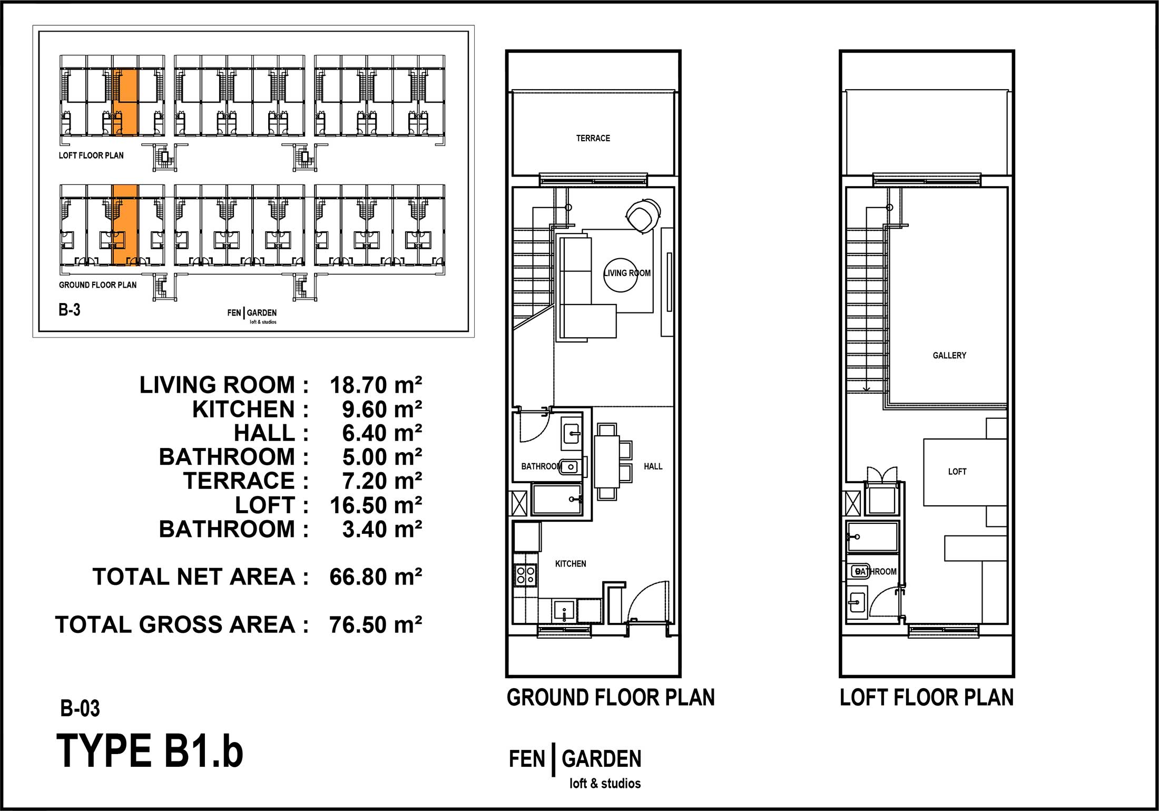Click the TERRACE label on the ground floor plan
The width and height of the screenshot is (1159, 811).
pyautogui.click(x=593, y=138)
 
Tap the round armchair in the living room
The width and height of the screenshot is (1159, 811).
pyautogui.click(x=643, y=216)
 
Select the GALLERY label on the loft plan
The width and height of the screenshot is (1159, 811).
pyautogui.click(x=949, y=355)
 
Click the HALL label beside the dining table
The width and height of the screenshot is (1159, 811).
pyautogui.click(x=653, y=466)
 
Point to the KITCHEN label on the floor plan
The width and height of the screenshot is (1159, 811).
pyautogui.click(x=571, y=564)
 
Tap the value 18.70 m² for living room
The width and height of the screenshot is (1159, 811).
pyautogui.click(x=376, y=385)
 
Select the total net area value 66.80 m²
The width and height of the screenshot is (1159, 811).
pyautogui.click(x=376, y=577)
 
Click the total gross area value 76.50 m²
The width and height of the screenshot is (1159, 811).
pyautogui.click(x=376, y=625)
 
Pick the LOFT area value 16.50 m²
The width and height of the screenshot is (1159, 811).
pyautogui.click(x=376, y=505)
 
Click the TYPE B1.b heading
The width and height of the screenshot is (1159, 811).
pyautogui.click(x=150, y=751)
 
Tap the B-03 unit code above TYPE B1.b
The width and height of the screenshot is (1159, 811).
pyautogui.click(x=80, y=709)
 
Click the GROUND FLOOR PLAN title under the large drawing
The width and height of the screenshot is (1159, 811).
pyautogui.click(x=611, y=698)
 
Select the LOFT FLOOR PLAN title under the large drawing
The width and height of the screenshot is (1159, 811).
pyautogui.click(x=927, y=698)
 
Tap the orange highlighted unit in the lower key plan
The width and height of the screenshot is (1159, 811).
pyautogui.click(x=125, y=225)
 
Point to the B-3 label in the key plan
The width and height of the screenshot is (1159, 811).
pyautogui.click(x=69, y=310)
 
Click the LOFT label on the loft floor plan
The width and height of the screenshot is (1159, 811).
pyautogui.click(x=957, y=472)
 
